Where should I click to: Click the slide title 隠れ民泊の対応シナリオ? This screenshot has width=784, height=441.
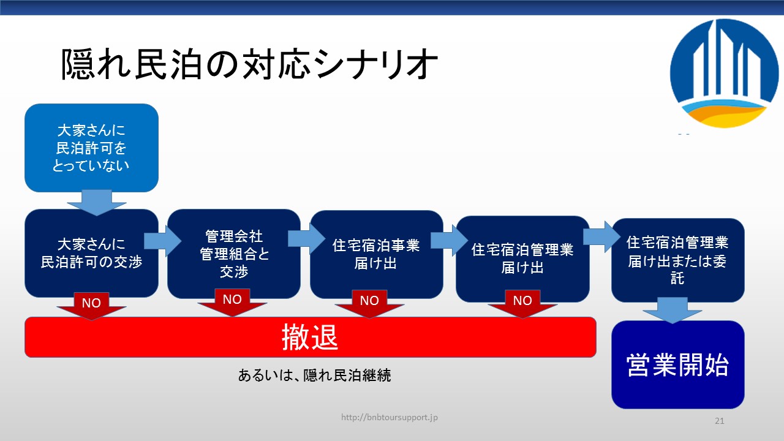pos(249,64)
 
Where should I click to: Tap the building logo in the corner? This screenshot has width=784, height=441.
pos(725,73)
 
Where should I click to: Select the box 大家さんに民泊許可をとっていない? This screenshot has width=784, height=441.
pos(91,148)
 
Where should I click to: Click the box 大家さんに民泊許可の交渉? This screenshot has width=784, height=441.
pos(91,253)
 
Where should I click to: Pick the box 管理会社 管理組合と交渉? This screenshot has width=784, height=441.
pos(234,254)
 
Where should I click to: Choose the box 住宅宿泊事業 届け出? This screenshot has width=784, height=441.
pos(377,254)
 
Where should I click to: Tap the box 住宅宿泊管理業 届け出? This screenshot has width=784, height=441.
pos(522,259)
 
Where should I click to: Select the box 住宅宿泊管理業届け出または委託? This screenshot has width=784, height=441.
pos(678,260)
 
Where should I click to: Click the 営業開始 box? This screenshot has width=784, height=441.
pos(678,364)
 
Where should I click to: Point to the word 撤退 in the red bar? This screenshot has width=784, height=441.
pos(310,337)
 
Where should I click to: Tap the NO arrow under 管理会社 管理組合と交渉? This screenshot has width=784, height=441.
pos(232,303)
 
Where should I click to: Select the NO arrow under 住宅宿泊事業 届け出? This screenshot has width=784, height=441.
pos(369,304)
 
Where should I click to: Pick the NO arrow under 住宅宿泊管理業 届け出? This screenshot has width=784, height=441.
pos(522,304)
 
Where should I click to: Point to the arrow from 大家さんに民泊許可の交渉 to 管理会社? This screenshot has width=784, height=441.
pos(163,241)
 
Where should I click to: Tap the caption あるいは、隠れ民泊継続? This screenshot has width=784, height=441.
pos(314,375)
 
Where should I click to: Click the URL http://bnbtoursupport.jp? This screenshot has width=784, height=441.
pos(389,417)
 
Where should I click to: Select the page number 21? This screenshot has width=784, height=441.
pos(720,421)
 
